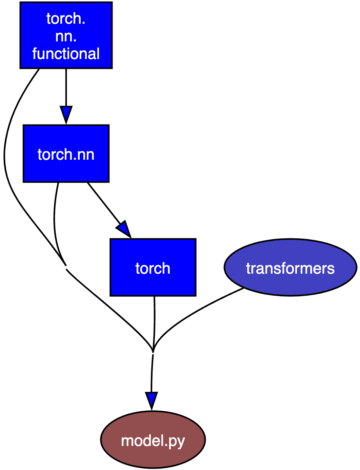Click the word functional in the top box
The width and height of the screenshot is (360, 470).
click(x=66, y=54)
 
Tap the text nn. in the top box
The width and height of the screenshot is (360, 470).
click(x=66, y=36)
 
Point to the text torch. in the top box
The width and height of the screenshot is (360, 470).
click(x=66, y=19)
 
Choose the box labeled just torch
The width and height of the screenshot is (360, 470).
click(x=153, y=268)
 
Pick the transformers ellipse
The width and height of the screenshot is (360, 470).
click(x=290, y=268)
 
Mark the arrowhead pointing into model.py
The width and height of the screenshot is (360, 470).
click(x=152, y=400)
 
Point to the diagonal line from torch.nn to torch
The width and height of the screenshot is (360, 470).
click(x=103, y=202)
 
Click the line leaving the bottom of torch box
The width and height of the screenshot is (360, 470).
click(x=155, y=322)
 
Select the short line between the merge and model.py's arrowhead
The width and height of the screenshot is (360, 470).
click(x=152, y=373)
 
